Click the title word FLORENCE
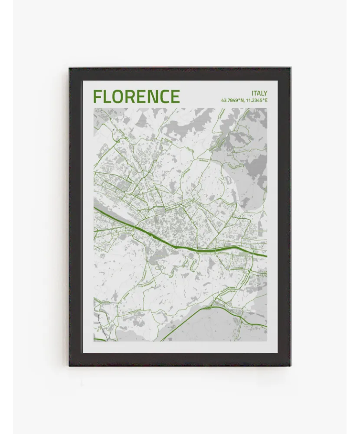[x=136, y=96]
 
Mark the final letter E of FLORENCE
[x=174, y=96]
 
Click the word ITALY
[x=259, y=93]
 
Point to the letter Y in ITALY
[x=265, y=93]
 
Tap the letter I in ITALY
[x=252, y=93]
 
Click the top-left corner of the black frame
[x=69, y=68]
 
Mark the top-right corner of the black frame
[x=290, y=68]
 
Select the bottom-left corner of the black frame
[x=69, y=365]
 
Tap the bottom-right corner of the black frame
[x=290, y=365]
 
